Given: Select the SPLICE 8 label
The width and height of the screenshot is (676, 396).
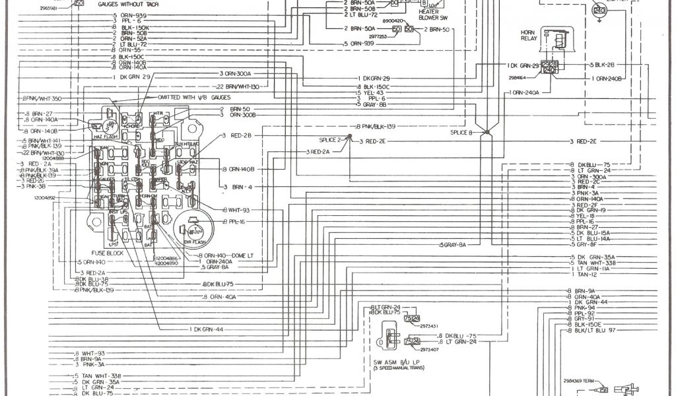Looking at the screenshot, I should [x=462, y=133].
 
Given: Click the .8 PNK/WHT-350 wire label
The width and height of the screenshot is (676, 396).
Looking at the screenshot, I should [x=42, y=98].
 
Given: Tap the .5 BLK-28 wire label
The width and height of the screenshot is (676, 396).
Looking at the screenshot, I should [x=601, y=65].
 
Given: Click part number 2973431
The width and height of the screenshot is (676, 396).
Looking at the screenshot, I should [x=430, y=325].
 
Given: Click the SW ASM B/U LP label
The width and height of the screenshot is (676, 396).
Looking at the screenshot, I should [x=395, y=362].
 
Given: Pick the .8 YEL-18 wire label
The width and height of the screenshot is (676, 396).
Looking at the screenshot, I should [x=583, y=216].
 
